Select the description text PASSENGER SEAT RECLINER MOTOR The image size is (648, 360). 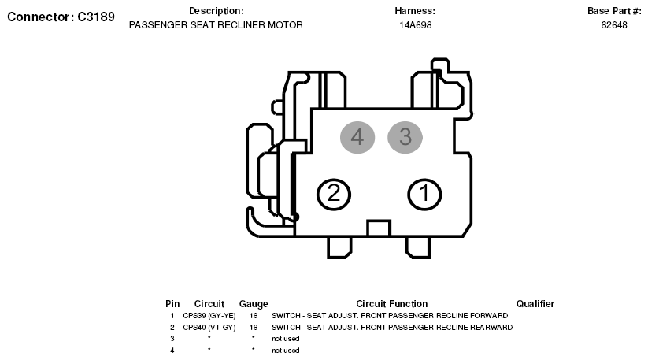coord(216,25)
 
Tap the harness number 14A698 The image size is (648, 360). coord(415,25)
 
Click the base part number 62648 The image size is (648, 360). coord(614,25)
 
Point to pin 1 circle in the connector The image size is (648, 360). coord(424,195)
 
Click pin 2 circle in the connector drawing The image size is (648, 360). coord(334,195)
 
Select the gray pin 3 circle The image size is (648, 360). coord(405,137)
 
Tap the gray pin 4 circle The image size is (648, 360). coord(357,137)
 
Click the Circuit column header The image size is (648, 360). coord(209,304)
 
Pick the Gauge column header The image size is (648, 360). coord(254,304)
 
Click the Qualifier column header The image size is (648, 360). coord(535,304)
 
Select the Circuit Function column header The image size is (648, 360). coord(392,304)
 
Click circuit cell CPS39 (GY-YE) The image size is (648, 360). coord(209,316)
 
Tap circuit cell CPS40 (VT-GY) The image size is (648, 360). coord(209,328)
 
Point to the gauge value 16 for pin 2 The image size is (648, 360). coord(254,328)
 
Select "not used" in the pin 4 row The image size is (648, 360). coord(286,351)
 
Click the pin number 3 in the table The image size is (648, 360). coord(172,339)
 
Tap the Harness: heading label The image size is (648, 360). coord(415,11)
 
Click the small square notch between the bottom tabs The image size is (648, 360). coord(379,228)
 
